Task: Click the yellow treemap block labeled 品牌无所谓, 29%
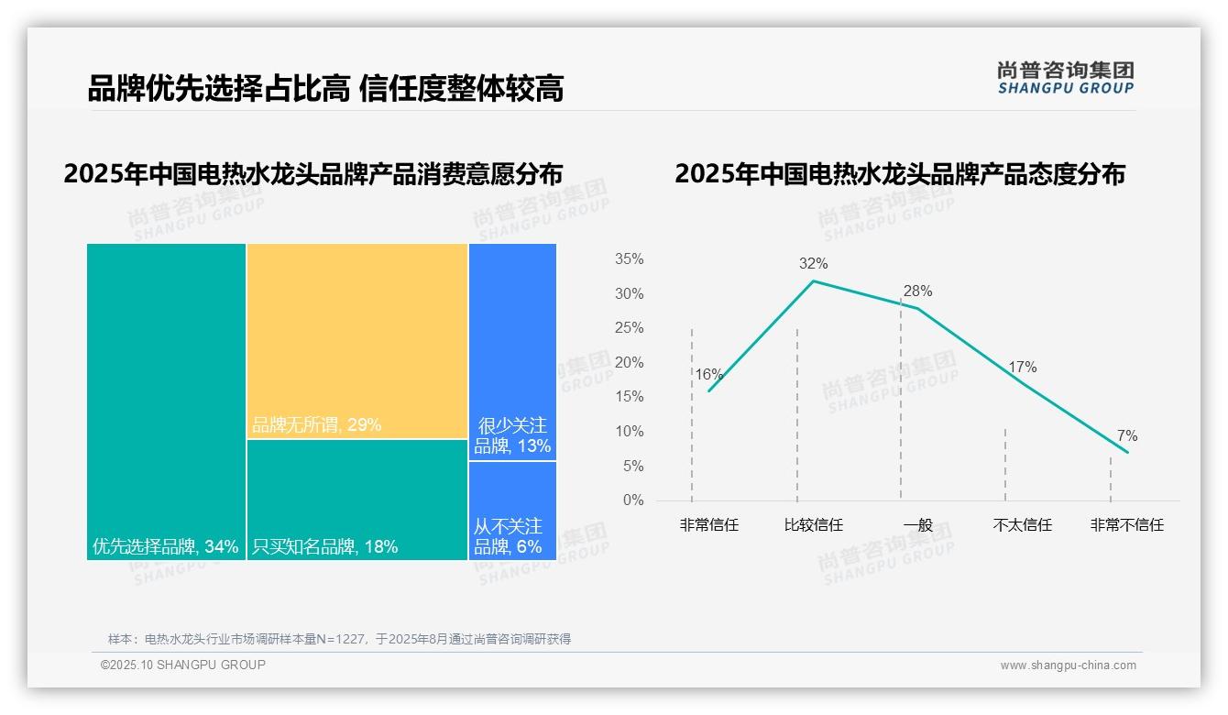[x=357, y=341]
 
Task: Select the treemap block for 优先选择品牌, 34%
[x=166, y=401]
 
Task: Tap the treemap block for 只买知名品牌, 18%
[x=357, y=500]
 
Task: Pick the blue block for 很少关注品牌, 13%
[x=512, y=351]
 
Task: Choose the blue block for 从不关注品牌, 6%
[x=512, y=511]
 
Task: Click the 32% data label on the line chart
[x=813, y=264]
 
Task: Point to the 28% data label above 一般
[x=917, y=291]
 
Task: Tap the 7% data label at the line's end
[x=1126, y=436]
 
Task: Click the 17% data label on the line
[x=1022, y=368]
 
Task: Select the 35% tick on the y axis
[x=629, y=259]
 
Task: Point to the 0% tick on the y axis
[x=633, y=500]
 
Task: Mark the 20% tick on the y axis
[x=629, y=363]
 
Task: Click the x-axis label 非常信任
[x=708, y=525]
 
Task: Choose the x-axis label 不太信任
[x=1022, y=525]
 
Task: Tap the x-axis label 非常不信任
[x=1126, y=525]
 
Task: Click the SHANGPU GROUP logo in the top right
[x=1065, y=78]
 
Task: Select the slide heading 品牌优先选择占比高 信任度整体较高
[x=325, y=89]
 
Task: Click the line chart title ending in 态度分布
[x=899, y=174]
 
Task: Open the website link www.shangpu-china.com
[x=1068, y=665]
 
